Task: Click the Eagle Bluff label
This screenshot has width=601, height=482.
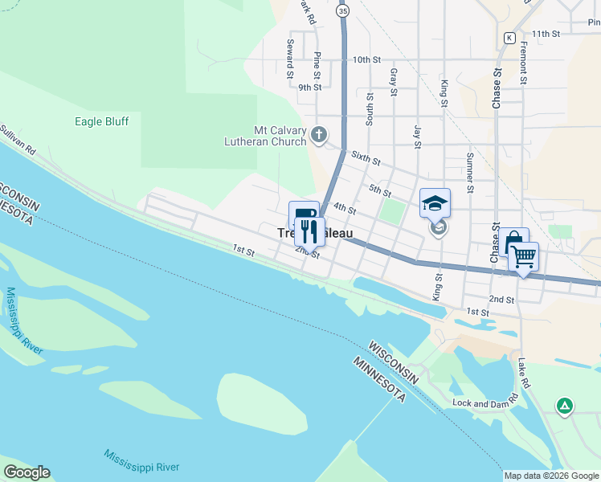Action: pyautogui.click(x=101, y=121)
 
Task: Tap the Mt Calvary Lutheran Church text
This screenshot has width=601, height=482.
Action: pyautogui.click(x=264, y=136)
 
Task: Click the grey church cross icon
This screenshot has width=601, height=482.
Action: pyautogui.click(x=319, y=134)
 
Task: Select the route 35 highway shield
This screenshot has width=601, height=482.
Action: pyautogui.click(x=343, y=11)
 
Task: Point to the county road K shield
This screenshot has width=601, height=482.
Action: pyautogui.click(x=509, y=37)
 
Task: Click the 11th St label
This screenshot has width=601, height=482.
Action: pyautogui.click(x=544, y=34)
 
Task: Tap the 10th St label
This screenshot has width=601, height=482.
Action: pyautogui.click(x=366, y=60)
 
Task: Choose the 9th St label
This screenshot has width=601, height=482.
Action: pyautogui.click(x=309, y=87)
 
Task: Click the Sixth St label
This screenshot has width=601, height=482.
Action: pyautogui.click(x=365, y=157)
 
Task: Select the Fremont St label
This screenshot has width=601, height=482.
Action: pyautogui.click(x=523, y=64)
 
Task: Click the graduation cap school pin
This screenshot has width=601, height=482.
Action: pyautogui.click(x=435, y=202)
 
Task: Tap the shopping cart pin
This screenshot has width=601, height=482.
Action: pyautogui.click(x=523, y=256)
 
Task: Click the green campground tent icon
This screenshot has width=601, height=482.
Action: pyautogui.click(x=565, y=406)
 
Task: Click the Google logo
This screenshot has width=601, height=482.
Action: pyautogui.click(x=27, y=472)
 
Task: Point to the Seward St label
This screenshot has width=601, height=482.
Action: pyautogui.click(x=288, y=54)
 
